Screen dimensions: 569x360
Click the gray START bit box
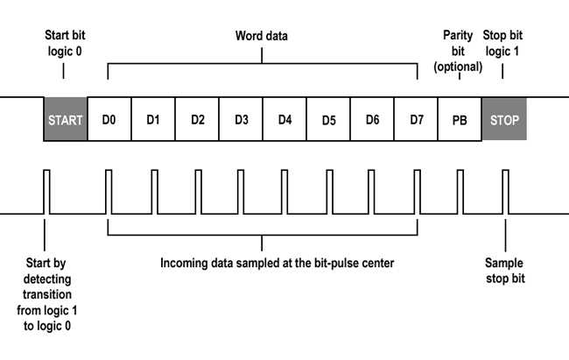click(x=66, y=119)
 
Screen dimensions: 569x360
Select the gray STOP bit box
click(x=504, y=119)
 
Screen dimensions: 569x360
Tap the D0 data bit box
click(x=109, y=119)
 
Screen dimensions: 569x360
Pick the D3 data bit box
click(x=241, y=119)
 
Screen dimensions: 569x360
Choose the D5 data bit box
click(x=328, y=119)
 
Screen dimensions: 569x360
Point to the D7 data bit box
click(x=416, y=119)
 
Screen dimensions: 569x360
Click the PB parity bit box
click(x=460, y=119)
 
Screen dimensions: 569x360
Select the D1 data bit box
click(x=153, y=119)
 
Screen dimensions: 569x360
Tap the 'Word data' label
click(x=261, y=36)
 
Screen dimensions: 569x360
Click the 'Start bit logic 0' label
click(x=65, y=43)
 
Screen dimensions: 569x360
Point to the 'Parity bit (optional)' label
click(x=458, y=51)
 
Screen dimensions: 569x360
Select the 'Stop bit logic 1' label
click(x=502, y=43)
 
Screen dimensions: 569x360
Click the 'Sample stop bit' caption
click(x=505, y=271)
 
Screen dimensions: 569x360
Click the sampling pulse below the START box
click(x=46, y=192)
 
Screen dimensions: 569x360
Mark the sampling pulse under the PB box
click(x=460, y=192)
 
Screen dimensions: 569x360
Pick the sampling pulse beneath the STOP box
click(x=505, y=192)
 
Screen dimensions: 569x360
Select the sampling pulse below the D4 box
click(x=284, y=192)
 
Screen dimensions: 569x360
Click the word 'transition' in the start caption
click(x=47, y=294)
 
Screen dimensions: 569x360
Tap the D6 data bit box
click(x=372, y=119)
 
